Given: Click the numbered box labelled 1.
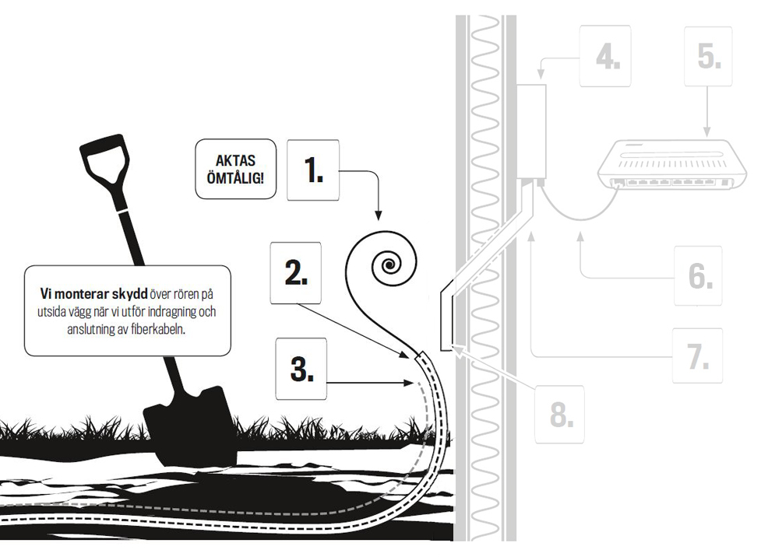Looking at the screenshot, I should tap(313, 169).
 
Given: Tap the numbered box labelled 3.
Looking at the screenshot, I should tap(302, 370).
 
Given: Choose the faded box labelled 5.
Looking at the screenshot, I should tap(710, 56).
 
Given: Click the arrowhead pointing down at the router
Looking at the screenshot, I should tap(706, 133).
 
